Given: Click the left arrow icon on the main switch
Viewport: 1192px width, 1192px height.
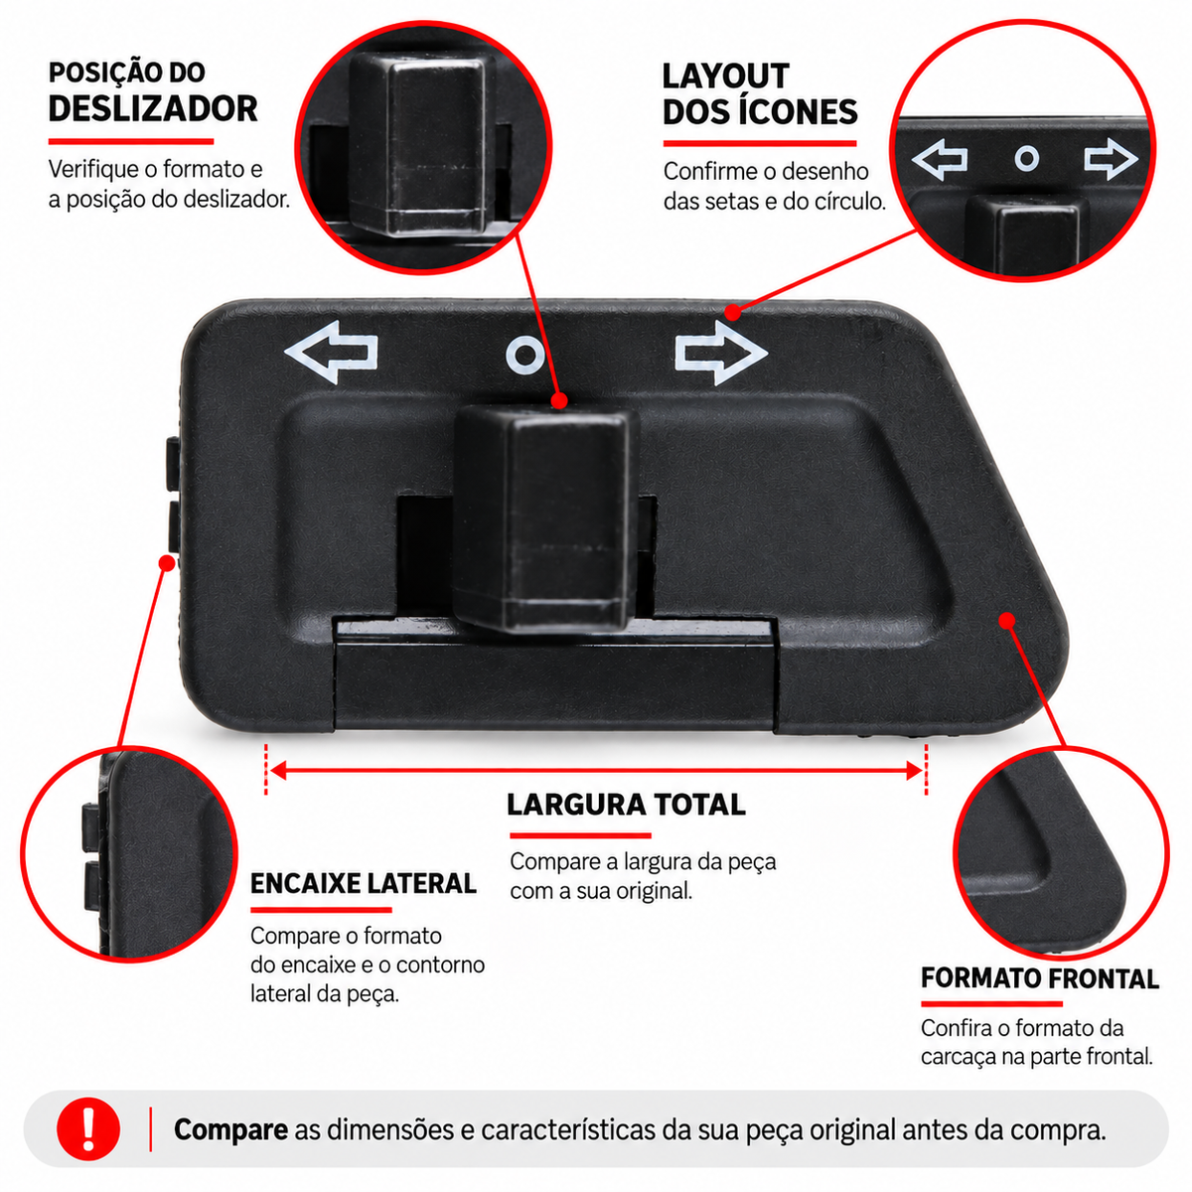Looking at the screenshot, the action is click(x=330, y=352).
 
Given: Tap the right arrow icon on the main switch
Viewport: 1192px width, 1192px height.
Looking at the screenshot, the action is click(x=721, y=353).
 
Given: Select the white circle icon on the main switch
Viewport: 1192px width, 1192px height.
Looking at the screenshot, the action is click(x=525, y=355).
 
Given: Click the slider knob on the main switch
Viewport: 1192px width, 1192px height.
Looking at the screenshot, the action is click(x=545, y=519).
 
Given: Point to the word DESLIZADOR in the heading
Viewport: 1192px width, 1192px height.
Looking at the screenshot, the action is click(x=153, y=109).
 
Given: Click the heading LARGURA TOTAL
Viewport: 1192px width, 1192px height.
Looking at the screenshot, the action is click(x=626, y=805).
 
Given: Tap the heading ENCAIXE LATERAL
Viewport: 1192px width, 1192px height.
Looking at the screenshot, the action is click(x=364, y=883).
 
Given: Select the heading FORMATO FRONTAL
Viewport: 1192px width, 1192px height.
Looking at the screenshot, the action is click(x=1039, y=978).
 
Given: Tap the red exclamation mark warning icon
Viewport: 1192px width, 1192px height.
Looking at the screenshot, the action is click(x=87, y=1128).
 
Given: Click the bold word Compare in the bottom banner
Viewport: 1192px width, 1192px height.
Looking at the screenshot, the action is click(x=230, y=1129).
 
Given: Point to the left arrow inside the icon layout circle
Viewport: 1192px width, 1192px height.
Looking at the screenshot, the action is click(x=940, y=159).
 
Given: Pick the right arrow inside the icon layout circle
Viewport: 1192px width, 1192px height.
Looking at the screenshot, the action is click(x=1111, y=159).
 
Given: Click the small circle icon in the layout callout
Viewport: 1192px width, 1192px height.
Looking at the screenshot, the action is click(x=1027, y=159).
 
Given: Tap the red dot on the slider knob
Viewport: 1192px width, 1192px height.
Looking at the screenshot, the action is click(x=559, y=400).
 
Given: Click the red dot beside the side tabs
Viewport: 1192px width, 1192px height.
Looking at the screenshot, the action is click(x=167, y=563).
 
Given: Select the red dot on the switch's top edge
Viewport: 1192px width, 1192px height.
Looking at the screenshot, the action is click(x=732, y=312).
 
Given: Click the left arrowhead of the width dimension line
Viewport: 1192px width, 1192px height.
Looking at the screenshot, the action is click(x=278, y=770).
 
